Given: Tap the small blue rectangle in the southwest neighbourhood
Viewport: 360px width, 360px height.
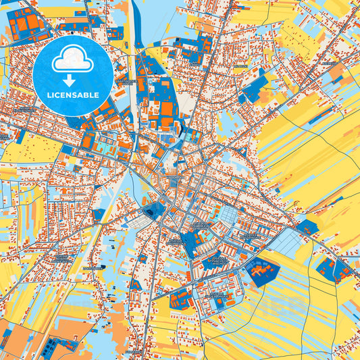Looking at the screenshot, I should pyautogui.click(x=99, y=215).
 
